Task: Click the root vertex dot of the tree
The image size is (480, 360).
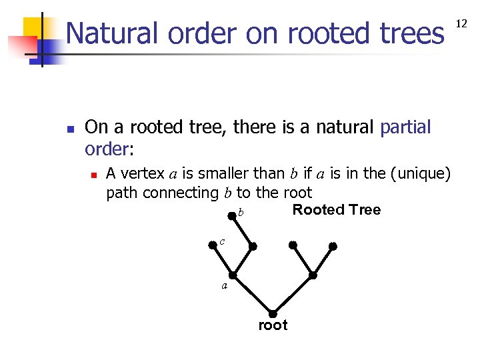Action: pyautogui.click(x=273, y=314)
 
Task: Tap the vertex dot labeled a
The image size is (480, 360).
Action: pyautogui.click(x=233, y=275)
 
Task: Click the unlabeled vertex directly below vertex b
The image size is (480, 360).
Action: pyautogui.click(x=253, y=246)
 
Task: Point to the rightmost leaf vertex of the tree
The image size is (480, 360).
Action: pyautogui.click(x=333, y=246)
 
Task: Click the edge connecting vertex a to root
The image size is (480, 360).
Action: pyautogui.click(x=253, y=295)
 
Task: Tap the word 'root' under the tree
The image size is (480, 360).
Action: pyautogui.click(x=273, y=325)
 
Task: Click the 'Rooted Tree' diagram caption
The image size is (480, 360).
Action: pyautogui.click(x=337, y=210)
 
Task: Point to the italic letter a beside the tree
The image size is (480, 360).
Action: pyautogui.click(x=225, y=286)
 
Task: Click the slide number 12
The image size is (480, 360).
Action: pyautogui.click(x=461, y=24)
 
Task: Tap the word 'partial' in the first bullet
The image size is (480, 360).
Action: pyautogui.click(x=405, y=127)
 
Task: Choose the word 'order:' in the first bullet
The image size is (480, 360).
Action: pyautogui.click(x=110, y=147)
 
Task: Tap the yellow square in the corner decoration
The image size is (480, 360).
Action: pyautogui.click(x=33, y=27)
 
